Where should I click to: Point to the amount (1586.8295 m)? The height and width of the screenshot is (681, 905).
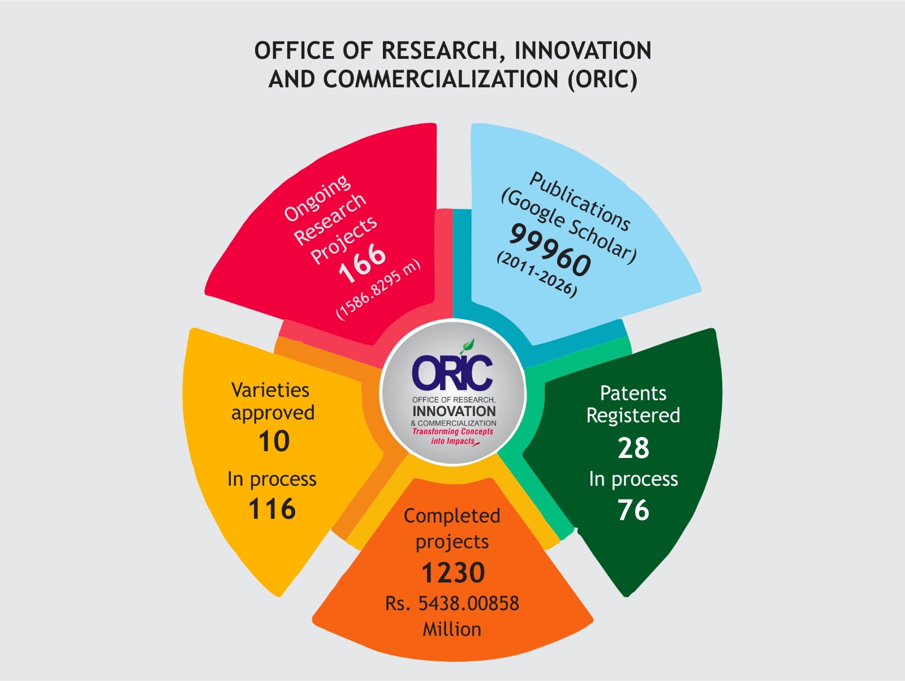point(378,289)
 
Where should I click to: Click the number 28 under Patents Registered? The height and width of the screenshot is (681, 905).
point(633,448)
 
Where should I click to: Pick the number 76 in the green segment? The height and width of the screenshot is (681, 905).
point(633,510)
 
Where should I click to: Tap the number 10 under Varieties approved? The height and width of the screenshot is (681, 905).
point(274,442)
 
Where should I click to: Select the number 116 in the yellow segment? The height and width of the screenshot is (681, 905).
point(272,509)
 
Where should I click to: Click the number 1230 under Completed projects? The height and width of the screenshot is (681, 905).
point(453,573)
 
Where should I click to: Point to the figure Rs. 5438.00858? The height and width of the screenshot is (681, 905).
point(452,603)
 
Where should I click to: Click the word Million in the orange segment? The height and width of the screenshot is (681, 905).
point(452,629)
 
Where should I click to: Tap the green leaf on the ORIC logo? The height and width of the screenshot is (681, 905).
point(468,346)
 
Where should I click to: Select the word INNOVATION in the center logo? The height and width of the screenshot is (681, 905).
point(454,412)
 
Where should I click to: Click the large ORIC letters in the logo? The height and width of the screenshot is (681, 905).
point(452,373)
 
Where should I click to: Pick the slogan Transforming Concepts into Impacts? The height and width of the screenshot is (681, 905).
point(453,436)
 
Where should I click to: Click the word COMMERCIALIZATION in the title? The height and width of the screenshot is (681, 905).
point(441,79)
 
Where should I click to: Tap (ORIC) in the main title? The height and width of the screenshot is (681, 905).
point(602,79)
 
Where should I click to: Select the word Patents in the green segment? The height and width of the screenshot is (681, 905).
point(633,393)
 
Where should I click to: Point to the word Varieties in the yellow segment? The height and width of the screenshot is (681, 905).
point(270,390)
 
